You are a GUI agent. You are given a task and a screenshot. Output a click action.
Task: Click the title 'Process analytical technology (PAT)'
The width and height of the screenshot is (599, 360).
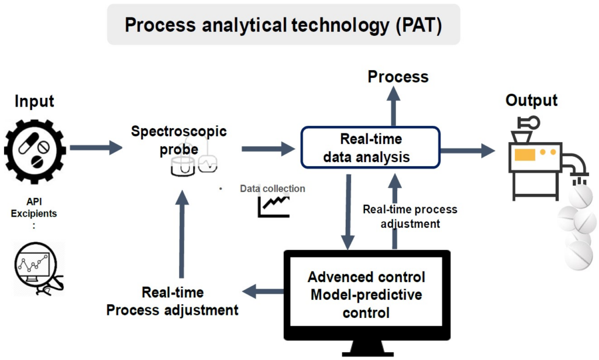point(283,25)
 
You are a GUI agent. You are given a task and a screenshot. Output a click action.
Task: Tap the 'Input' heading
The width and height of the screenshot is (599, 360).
point(35,101)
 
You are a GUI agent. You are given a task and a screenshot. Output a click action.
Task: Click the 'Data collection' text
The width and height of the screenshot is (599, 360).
point(272,188)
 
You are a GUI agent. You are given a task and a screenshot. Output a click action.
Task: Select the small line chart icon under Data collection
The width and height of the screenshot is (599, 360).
point(273,205)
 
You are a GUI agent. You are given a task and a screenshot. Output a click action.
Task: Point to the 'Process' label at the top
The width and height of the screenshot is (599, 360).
point(398,77)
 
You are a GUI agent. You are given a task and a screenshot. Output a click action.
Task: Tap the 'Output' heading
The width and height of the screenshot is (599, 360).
point(531,100)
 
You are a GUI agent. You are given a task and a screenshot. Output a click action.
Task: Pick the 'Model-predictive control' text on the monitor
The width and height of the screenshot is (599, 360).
point(366,303)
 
